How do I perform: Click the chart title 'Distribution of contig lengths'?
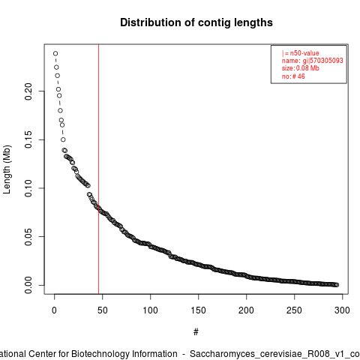[x=196, y=22]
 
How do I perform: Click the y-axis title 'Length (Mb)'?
[x=7, y=169]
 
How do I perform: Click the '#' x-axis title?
[x=196, y=332]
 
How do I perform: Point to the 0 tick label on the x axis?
[x=54, y=310]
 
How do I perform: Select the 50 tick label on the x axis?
[x=102, y=310]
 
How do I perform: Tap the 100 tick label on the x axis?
[x=150, y=310]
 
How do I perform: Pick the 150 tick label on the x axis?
[x=198, y=310]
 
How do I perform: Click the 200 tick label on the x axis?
[x=246, y=310]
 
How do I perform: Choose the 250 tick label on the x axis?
[x=294, y=310]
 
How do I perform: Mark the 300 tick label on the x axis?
[x=342, y=310]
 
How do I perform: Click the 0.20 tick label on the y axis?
[x=28, y=91]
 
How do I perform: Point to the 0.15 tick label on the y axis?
[x=28, y=139]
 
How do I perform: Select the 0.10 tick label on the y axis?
[x=28, y=188]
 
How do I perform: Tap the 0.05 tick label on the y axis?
[x=28, y=237]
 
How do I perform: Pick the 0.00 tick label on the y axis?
[x=28, y=285]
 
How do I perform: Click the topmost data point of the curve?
[x=55, y=53]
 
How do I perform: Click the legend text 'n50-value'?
[x=304, y=53]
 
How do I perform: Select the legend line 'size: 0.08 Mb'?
[x=301, y=68]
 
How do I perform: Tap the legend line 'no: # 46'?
[x=293, y=76]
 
